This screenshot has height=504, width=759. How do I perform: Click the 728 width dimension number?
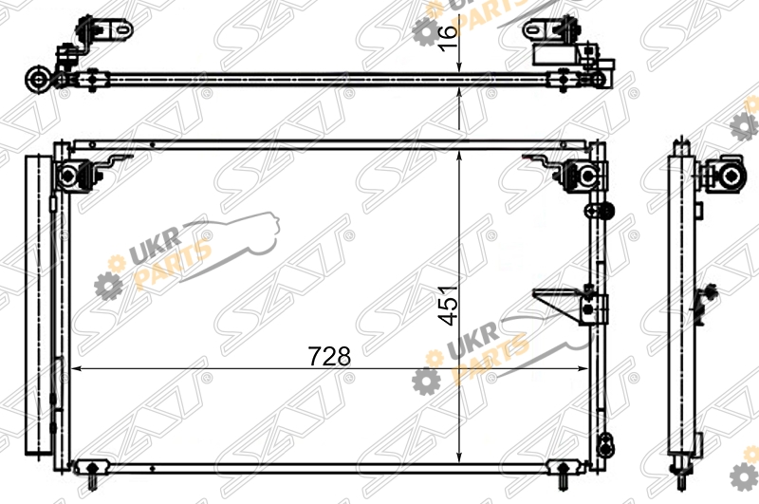point(329,356)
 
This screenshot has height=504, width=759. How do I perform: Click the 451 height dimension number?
point(448,306)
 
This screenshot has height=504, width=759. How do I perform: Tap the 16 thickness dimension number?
point(448,37)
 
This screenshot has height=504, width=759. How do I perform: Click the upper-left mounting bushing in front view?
point(68,175)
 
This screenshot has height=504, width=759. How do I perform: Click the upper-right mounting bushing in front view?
point(586,176)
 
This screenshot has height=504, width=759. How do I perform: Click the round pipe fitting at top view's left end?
point(37,80)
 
